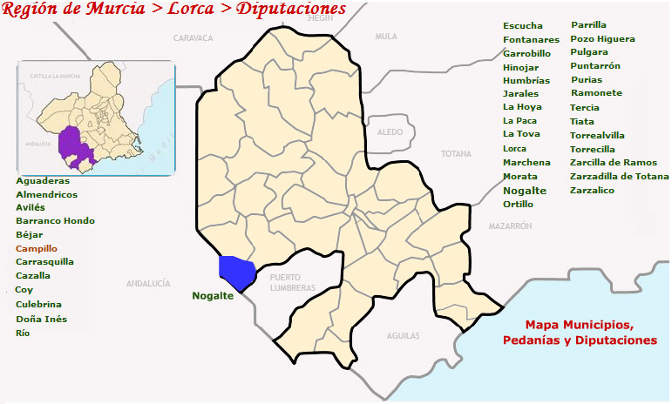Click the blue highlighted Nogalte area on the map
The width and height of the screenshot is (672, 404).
pyautogui.click(x=235, y=272)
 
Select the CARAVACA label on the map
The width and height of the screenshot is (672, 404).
pyautogui.click(x=193, y=38)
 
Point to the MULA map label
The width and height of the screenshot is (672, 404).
pyautogui.click(x=385, y=37)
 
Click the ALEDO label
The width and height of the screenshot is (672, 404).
pyautogui.click(x=390, y=131)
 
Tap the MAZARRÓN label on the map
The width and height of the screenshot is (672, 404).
pyautogui.click(x=510, y=226)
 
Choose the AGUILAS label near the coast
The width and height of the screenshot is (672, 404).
pyautogui.click(x=403, y=335)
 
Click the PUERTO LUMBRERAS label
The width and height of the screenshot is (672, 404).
pyautogui.click(x=292, y=282)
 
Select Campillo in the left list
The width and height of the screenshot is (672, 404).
pyautogui.click(x=37, y=248)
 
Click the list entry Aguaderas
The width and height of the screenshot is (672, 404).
pyautogui.click(x=43, y=180)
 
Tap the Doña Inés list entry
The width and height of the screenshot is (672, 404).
pyautogui.click(x=41, y=319)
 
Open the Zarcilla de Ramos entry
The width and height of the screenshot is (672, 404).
pyautogui.click(x=613, y=163)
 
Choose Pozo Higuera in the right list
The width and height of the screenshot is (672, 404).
pyautogui.click(x=602, y=39)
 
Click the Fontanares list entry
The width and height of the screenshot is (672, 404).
pyautogui.click(x=531, y=39)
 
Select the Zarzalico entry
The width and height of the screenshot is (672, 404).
pyautogui.click(x=592, y=190)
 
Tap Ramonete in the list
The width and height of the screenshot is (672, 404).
pyautogui.click(x=596, y=92)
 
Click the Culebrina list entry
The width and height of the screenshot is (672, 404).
pyautogui.click(x=38, y=304)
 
